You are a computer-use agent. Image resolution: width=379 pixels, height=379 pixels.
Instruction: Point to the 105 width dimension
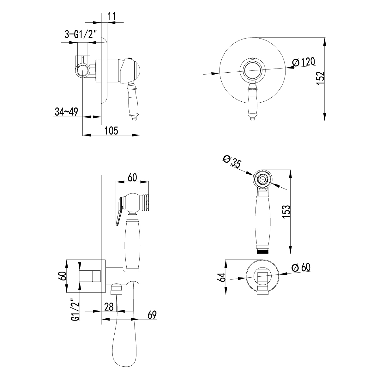coord(111,130)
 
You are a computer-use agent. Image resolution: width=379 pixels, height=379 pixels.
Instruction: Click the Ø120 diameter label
coord(304,62)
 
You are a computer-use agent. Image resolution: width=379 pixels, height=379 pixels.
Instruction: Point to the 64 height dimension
coord(222,278)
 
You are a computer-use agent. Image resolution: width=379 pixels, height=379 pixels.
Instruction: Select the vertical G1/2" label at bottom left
coord(75,310)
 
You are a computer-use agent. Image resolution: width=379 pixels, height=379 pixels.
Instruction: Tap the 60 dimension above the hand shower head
coord(132,177)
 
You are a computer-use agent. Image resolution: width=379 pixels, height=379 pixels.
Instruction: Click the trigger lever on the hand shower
coord(118,210)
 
